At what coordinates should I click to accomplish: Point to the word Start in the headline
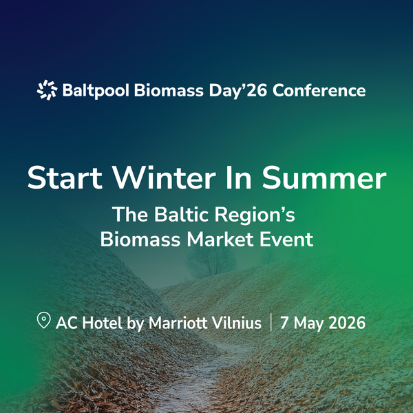pos(64,178)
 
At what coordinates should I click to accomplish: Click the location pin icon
pos(43,321)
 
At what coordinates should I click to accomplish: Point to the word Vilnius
pos(237,323)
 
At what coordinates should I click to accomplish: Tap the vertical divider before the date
pos(271,322)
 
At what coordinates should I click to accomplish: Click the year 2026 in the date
pos(346,323)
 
